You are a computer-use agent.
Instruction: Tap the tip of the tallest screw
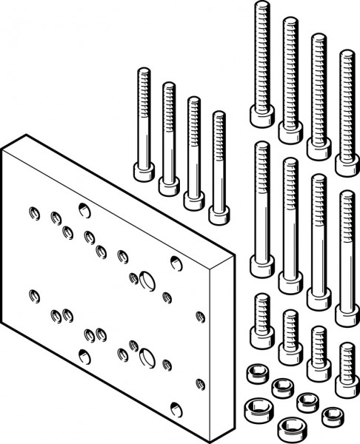point(261,6)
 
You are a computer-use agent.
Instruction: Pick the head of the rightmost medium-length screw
point(219,214)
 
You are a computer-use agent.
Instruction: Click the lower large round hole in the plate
point(146,359)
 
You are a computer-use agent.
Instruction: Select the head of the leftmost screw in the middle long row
point(261,266)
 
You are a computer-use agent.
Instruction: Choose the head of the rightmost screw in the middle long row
point(346,314)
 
